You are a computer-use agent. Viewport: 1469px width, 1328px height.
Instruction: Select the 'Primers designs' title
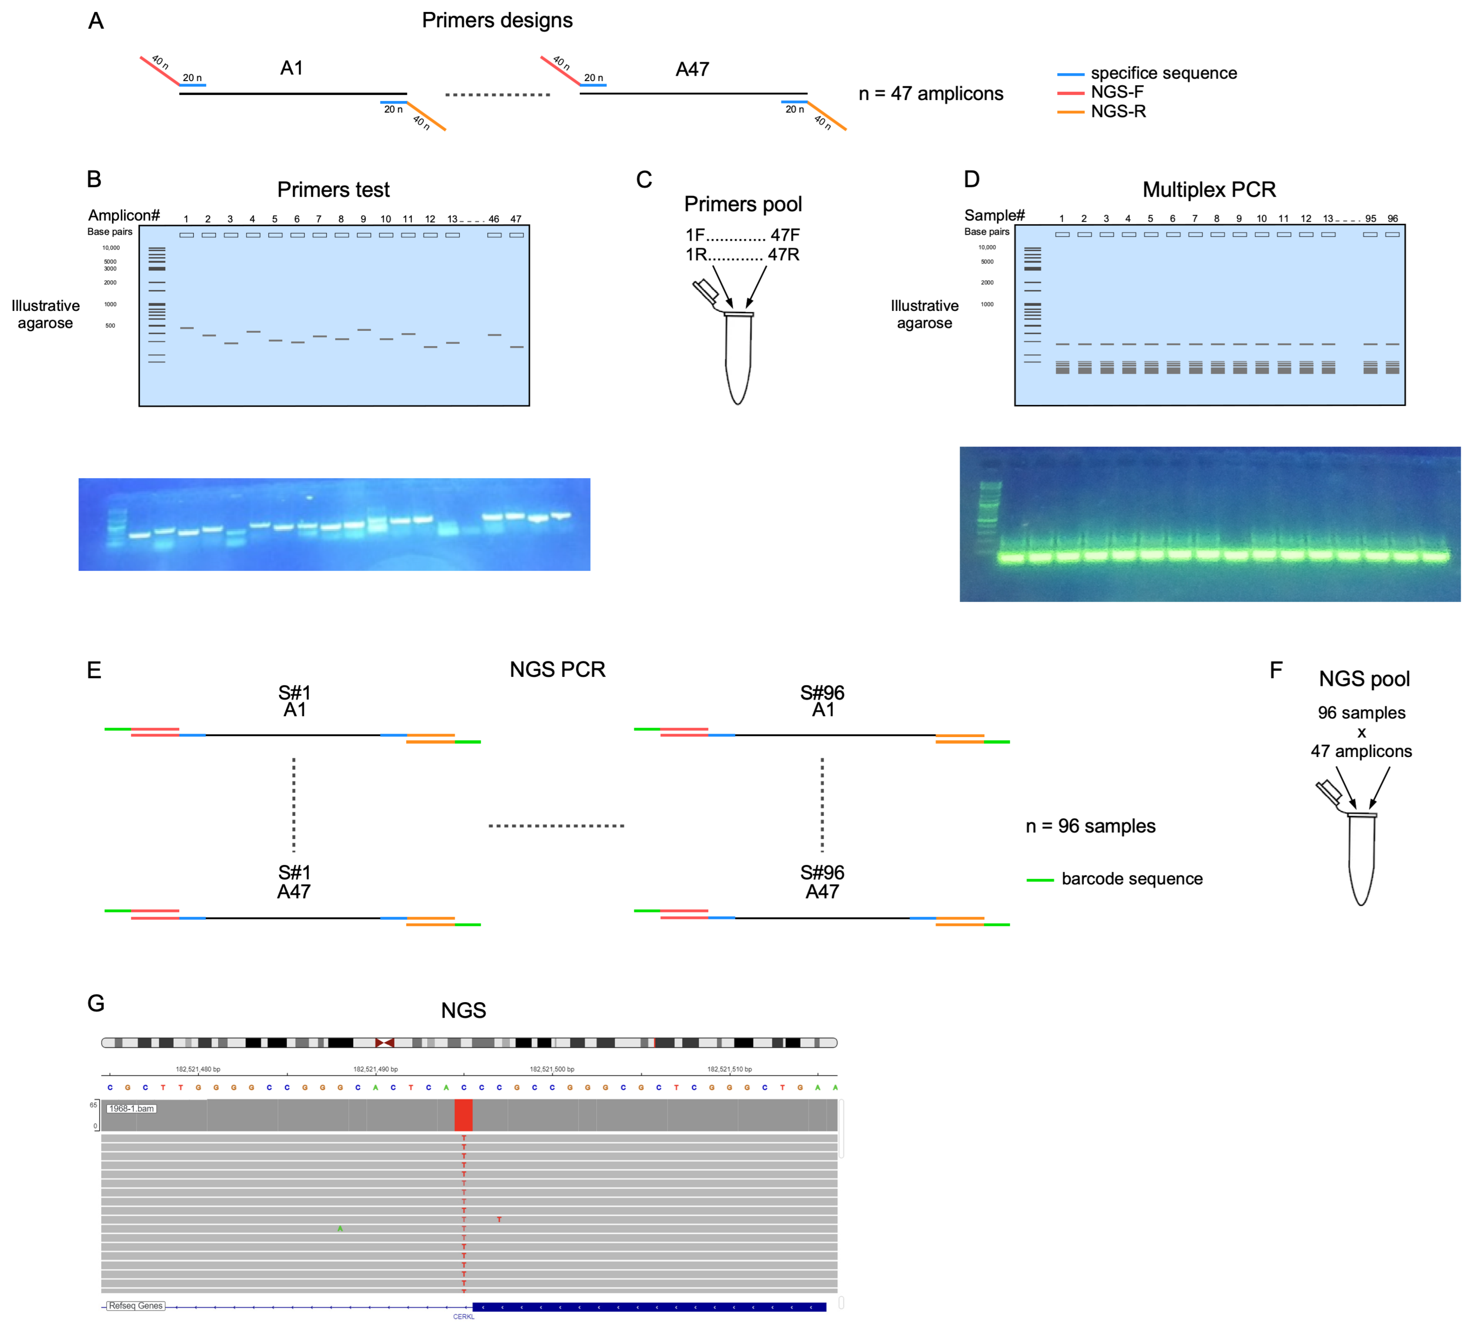(497, 20)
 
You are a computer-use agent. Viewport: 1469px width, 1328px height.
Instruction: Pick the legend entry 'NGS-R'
(1118, 112)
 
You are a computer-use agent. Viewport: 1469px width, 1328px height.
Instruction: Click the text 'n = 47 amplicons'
(930, 94)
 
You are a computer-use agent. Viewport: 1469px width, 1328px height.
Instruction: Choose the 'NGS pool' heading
(1364, 679)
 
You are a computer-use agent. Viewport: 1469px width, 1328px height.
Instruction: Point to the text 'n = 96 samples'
(1090, 826)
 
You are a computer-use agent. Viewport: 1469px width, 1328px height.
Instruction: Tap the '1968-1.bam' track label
(132, 1109)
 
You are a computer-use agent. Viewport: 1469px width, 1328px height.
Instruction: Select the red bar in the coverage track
(463, 1115)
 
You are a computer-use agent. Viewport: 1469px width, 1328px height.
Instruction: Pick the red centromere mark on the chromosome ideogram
(384, 1043)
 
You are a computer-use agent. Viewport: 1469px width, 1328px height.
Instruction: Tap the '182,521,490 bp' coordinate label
(375, 1069)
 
